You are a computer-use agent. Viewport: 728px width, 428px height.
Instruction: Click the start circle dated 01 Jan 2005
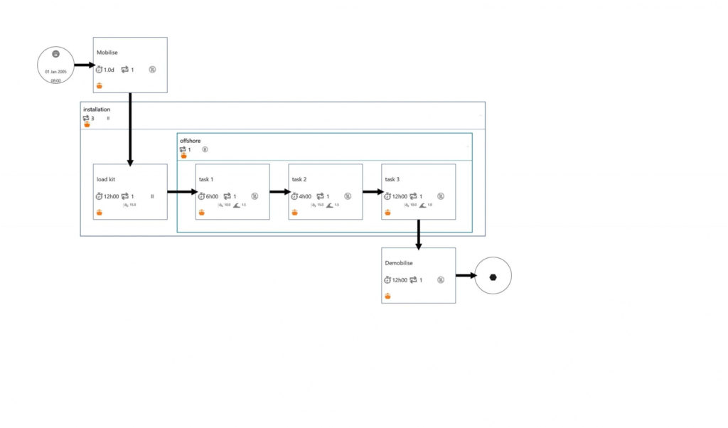[x=55, y=65]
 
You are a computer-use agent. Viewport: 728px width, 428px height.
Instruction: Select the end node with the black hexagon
[x=493, y=276]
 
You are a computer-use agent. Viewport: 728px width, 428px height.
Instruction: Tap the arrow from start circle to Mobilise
[x=84, y=65]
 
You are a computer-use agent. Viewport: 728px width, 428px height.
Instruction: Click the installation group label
[x=97, y=109]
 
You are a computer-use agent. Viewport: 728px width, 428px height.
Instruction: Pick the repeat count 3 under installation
[x=92, y=119]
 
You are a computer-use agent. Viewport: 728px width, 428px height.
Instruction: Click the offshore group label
[x=191, y=141]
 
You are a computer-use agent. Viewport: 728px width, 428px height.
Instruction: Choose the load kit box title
[x=106, y=179]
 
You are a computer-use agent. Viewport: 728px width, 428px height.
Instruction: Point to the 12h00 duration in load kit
[x=112, y=196]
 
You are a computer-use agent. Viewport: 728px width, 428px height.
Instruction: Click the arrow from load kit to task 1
[x=181, y=192]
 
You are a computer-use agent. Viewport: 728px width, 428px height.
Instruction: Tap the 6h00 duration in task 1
[x=212, y=196]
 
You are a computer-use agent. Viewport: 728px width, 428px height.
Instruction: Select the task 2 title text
[x=299, y=179]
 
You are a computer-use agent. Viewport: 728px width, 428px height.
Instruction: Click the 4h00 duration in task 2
[x=304, y=196]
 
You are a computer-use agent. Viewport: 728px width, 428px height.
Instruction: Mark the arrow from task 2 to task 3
[x=373, y=192]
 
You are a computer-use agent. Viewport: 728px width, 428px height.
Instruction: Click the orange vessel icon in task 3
[x=387, y=212]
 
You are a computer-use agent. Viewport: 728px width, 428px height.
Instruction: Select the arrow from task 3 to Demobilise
[x=419, y=234]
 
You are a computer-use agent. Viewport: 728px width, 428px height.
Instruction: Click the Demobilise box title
[x=398, y=263]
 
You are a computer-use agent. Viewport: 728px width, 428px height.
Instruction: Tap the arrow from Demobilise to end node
[x=466, y=276]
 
